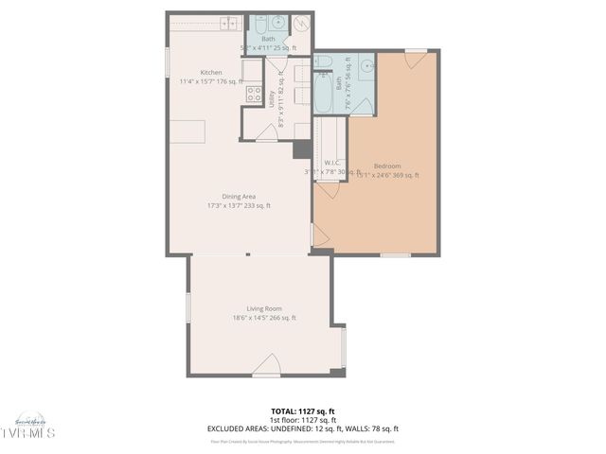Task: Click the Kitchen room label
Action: click(x=211, y=73)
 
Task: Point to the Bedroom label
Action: click(x=386, y=166)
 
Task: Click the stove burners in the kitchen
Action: click(x=254, y=93)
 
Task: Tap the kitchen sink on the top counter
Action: click(x=206, y=24)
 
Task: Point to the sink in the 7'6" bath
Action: click(x=365, y=66)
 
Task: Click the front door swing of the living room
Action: click(x=267, y=365)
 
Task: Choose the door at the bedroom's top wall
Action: click(x=415, y=60)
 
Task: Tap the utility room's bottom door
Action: click(x=267, y=132)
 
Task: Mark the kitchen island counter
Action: click(x=187, y=131)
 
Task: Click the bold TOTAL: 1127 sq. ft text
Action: click(x=302, y=410)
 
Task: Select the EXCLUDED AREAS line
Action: click(x=302, y=428)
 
